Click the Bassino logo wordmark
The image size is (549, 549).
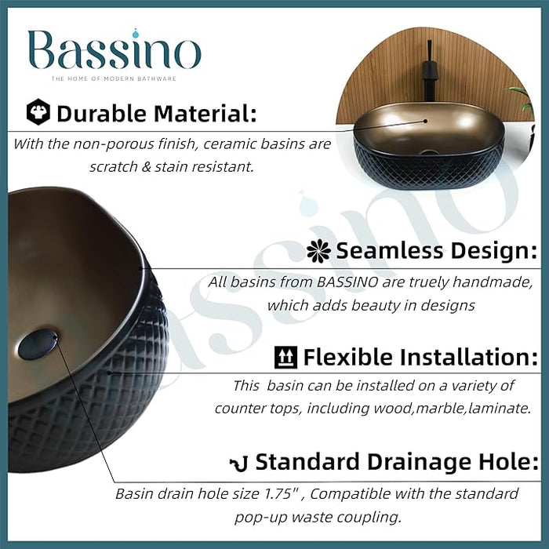point(115,52)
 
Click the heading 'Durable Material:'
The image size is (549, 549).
point(156,114)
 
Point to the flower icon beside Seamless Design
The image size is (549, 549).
point(318,251)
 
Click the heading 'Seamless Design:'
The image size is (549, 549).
point(436,251)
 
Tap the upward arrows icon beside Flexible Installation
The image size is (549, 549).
point(285,358)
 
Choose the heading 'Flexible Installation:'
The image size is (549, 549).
point(420,358)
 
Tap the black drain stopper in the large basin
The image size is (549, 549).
point(38,345)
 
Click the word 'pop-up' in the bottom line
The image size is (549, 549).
point(262,518)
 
